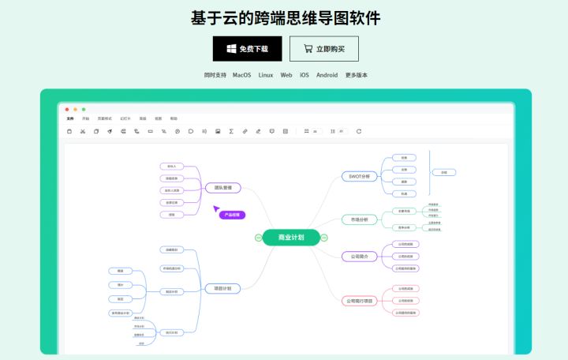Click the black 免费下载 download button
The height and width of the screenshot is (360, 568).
tap(247, 49)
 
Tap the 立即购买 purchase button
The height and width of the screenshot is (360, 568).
tap(324, 49)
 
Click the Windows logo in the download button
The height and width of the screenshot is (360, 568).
tap(231, 49)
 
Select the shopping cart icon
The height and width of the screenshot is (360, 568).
tap(307, 49)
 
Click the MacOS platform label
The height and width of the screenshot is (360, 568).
tap(241, 75)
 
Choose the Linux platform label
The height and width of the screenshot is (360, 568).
tap(266, 75)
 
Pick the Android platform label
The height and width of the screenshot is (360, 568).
tap(327, 75)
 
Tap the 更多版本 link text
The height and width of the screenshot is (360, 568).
tap(356, 75)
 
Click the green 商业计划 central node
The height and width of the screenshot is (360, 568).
tap(291, 237)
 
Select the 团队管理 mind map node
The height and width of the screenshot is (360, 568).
tap(222, 188)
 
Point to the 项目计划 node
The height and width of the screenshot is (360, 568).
tap(222, 289)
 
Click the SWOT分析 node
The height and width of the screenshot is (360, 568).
tap(360, 176)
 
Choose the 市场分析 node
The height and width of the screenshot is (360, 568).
tap(359, 219)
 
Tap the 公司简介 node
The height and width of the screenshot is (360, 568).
tap(359, 256)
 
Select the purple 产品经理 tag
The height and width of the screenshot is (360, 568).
tap(232, 215)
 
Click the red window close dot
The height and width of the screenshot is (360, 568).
tap(67, 109)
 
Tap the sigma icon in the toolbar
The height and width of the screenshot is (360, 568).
tap(230, 131)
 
